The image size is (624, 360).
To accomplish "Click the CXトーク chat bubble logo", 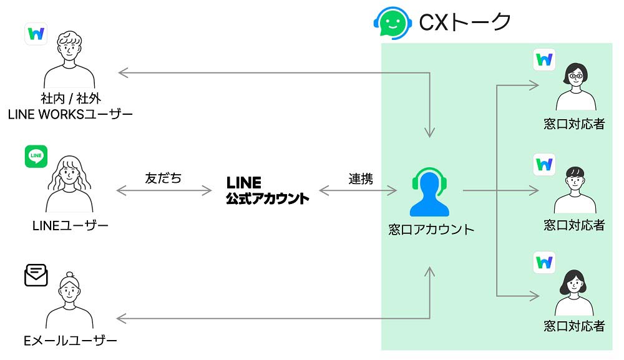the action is coord(392,22).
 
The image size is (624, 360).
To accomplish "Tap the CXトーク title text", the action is coord(465,22).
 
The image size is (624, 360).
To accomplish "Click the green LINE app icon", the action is coord(36,157).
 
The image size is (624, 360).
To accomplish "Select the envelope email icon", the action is coord(36,275).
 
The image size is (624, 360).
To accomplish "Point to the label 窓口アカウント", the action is coord(431,230).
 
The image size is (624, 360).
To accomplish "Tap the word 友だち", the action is coord(163,178).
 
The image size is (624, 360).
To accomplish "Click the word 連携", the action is coord(361,179).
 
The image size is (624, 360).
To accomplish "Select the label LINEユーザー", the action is coord(71,226).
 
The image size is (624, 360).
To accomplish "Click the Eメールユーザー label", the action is coord(71,341).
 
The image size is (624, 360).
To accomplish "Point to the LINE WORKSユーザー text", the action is coord(70,114).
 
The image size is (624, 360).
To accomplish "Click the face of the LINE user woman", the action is coord(69,173).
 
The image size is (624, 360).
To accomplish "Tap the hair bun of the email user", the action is coord(70,275).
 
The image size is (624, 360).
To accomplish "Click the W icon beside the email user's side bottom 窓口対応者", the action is coord(544,262).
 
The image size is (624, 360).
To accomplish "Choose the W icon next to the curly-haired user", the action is coord(36,34).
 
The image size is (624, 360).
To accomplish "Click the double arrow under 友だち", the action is coord(164,190).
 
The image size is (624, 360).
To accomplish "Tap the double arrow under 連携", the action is coord(358,190).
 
